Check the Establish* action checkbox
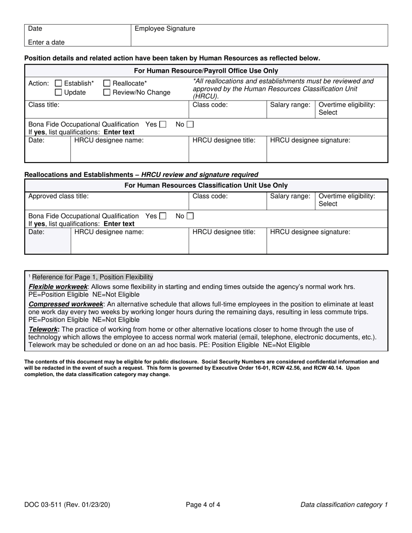click(x=59, y=84)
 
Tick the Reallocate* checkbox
click(x=107, y=84)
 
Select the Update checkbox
click(x=59, y=92)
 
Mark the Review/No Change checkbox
click(x=107, y=92)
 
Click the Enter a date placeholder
click(x=46, y=42)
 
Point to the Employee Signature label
click(x=165, y=29)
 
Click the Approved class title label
click(x=59, y=196)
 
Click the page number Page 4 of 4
click(x=203, y=504)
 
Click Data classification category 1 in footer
click(x=344, y=504)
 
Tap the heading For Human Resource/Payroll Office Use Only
click(x=206, y=71)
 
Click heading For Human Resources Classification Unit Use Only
click(x=206, y=185)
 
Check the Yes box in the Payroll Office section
click(x=163, y=124)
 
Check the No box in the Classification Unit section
click(x=190, y=216)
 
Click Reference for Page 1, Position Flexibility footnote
click(x=92, y=277)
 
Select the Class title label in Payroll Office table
click(x=44, y=105)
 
